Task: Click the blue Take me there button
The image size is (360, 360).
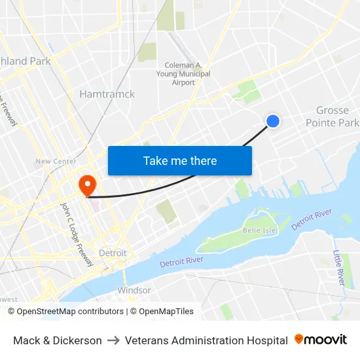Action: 180,160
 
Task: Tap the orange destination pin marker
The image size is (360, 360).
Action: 86,184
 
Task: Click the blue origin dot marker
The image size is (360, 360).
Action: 273,120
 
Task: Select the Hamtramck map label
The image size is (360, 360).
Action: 107,94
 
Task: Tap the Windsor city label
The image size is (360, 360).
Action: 134,290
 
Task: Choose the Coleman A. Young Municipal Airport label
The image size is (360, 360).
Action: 187,74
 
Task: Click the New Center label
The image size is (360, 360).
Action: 56,161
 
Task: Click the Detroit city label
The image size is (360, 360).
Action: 113,253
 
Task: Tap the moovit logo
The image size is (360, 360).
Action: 321,340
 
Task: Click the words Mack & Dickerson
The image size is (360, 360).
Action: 58,340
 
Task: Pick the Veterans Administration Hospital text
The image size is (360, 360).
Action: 206,340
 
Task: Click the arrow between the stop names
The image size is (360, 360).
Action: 113,340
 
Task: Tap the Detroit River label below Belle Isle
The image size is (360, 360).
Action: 181,261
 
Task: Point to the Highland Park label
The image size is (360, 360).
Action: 25,62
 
